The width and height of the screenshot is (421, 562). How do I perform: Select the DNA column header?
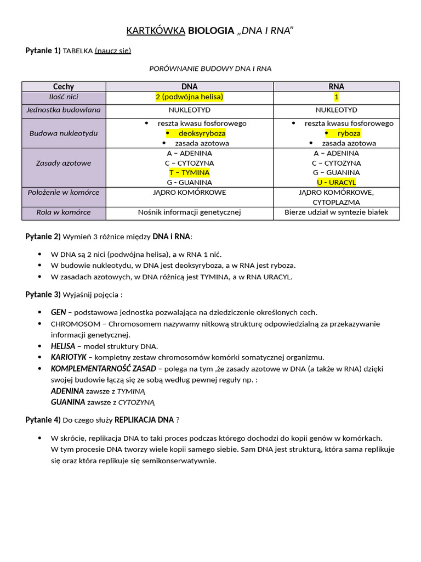[189, 87]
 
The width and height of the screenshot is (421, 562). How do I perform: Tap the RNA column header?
[337, 87]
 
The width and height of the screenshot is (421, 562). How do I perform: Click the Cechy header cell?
[64, 87]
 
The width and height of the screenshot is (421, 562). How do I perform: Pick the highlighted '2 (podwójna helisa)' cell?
[189, 97]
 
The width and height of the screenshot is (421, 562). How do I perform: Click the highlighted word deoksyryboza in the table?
[201, 133]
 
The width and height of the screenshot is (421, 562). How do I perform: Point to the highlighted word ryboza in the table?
[349, 133]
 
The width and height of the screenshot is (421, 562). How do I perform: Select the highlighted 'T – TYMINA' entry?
[189, 172]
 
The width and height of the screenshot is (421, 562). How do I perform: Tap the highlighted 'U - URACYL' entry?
[337, 182]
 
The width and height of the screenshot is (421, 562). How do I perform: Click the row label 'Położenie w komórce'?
[64, 193]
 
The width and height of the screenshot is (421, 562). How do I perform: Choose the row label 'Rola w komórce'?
[64, 212]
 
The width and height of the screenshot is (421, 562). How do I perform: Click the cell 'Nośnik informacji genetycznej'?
[189, 212]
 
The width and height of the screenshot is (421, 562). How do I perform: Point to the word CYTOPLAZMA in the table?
[337, 203]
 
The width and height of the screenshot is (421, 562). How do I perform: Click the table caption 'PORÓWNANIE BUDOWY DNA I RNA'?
[210, 69]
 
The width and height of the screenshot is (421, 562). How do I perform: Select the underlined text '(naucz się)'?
[113, 51]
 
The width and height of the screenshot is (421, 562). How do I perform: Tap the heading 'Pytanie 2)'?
[43, 237]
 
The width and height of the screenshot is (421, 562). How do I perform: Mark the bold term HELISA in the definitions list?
[62, 346]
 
